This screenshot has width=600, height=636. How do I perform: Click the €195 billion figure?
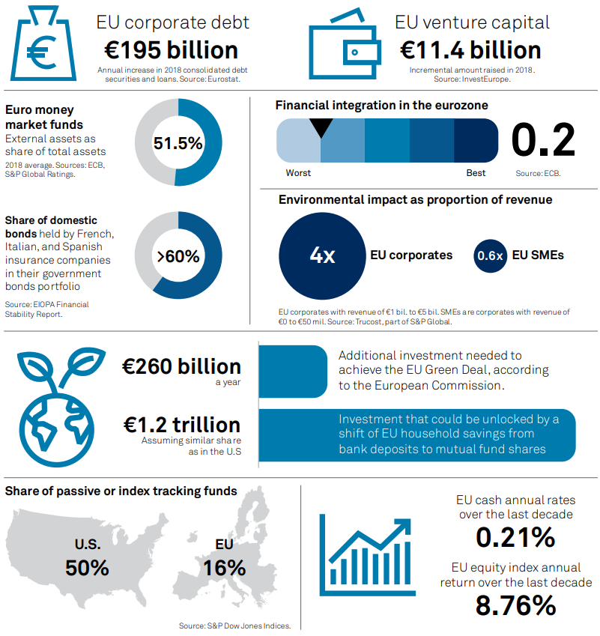coord(172,50)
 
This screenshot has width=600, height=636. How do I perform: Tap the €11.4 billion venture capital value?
coord(470,50)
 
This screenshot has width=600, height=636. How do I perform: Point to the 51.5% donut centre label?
coord(178,143)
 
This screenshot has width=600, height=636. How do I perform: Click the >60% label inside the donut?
coord(178,256)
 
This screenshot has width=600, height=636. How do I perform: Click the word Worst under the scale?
coord(298,173)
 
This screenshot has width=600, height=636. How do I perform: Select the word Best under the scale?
coord(476,173)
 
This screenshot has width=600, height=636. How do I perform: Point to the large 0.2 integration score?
coord(543,140)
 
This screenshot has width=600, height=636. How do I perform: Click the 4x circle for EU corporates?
coord(322,255)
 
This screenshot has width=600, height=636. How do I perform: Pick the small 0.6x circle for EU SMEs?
coord(490,255)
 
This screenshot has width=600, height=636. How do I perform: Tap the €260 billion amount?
coord(182,367)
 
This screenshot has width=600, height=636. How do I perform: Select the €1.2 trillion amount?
coord(182,425)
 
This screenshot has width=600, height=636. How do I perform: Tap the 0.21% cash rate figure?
coord(515,537)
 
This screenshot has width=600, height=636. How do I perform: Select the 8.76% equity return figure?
coord(515,605)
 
